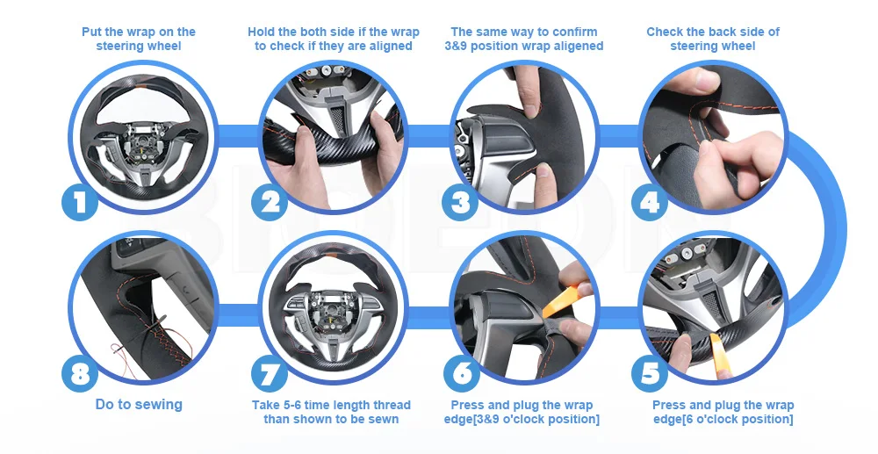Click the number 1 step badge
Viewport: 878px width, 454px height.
tap(80, 201)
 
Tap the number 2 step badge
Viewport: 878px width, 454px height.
tap(270, 201)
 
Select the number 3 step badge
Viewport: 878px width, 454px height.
tap(460, 201)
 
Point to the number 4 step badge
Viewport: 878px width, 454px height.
tap(650, 201)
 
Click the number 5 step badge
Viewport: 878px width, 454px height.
tap(650, 373)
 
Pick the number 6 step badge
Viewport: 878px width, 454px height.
tap(462, 373)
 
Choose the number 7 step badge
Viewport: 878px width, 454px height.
tap(270, 373)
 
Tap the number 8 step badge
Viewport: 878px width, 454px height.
tap(80, 373)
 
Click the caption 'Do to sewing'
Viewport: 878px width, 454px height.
tap(139, 404)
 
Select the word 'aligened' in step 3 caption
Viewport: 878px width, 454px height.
tap(576, 46)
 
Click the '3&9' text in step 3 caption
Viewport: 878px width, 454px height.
tap(456, 46)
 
